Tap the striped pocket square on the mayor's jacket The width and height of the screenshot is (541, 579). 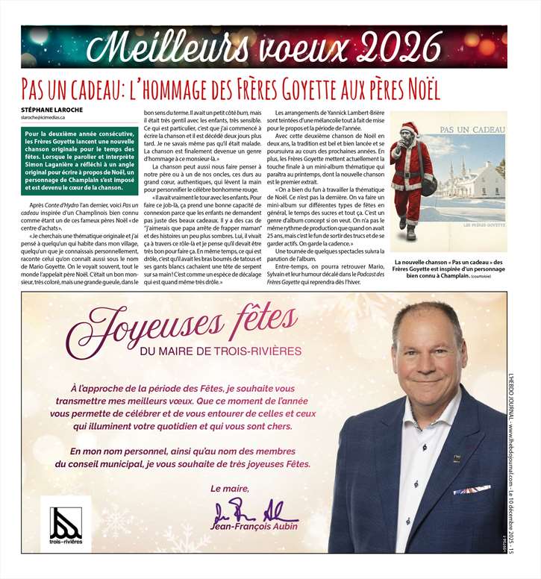pos(472,490)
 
